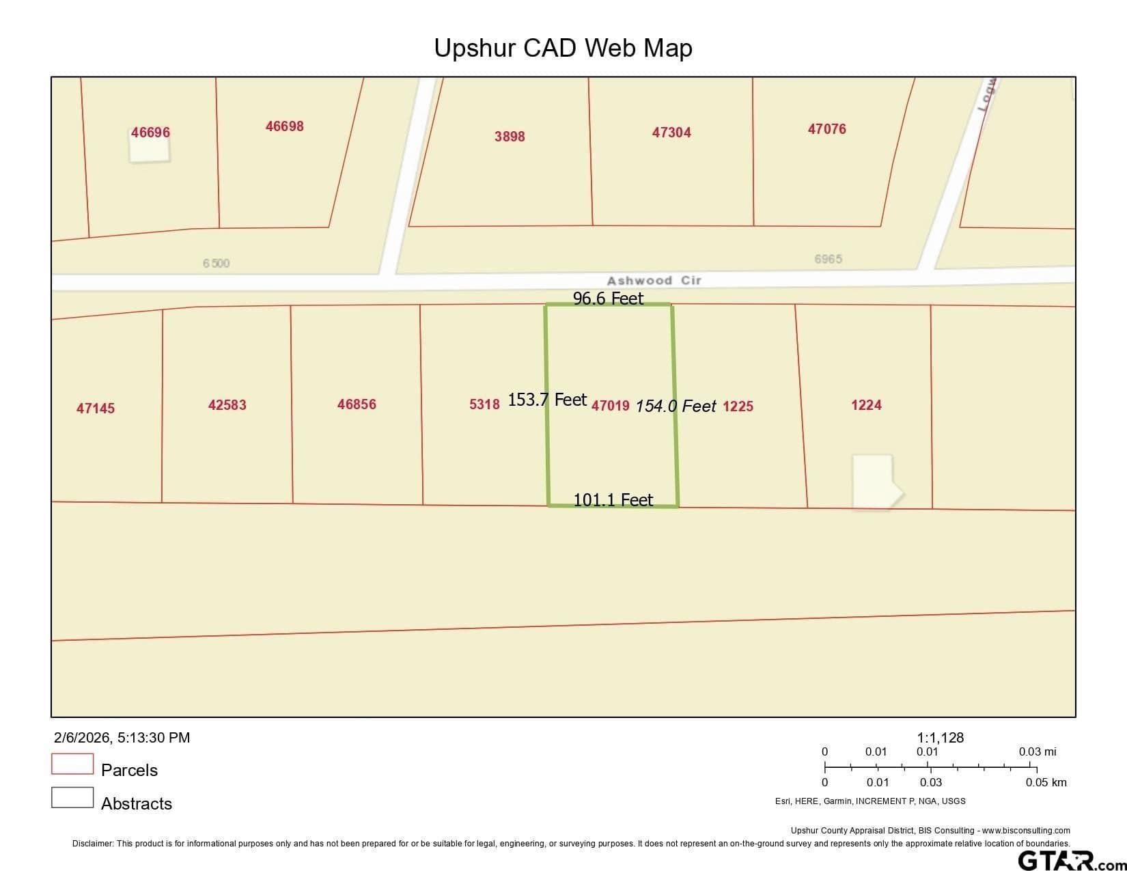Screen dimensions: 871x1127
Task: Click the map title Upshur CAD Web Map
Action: (563, 48)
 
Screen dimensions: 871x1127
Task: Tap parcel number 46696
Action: (150, 133)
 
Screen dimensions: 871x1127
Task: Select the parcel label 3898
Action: (510, 137)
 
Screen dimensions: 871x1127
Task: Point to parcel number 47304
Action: (671, 133)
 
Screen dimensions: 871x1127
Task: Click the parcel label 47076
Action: (826, 129)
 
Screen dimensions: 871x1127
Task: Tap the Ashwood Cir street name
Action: (654, 281)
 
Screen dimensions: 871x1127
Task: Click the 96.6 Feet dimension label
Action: (608, 299)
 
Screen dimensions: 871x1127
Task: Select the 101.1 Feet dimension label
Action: (613, 500)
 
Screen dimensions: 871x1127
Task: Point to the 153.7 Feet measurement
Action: (547, 400)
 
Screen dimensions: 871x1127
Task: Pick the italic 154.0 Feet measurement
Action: (676, 406)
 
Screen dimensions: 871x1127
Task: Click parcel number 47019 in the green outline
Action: (610, 406)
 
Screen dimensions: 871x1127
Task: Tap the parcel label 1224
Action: (866, 405)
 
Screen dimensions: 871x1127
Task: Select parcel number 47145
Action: (96, 409)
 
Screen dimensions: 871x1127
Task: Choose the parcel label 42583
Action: (227, 405)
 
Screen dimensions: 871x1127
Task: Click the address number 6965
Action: (828, 259)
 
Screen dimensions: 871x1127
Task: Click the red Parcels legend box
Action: (72, 764)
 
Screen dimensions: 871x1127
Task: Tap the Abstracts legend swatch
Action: (72, 797)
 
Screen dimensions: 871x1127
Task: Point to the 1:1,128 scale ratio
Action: (940, 738)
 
